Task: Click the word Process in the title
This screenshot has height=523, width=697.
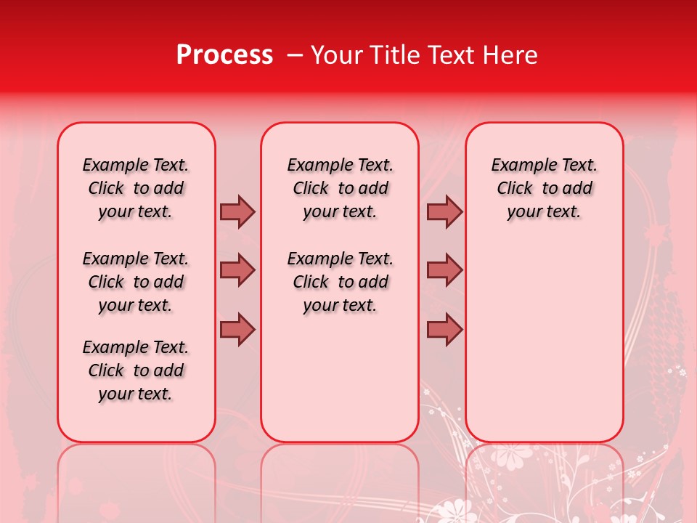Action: (x=224, y=55)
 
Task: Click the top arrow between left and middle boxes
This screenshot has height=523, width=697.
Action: (x=237, y=212)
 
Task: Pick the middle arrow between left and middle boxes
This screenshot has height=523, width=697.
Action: (x=237, y=270)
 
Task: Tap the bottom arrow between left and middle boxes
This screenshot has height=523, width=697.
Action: (x=237, y=330)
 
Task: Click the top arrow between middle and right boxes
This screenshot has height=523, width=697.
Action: (x=444, y=212)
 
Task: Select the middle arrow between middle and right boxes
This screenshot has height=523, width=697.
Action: (x=444, y=270)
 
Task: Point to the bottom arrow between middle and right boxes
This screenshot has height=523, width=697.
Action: (x=444, y=330)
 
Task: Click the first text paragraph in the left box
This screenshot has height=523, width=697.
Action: (x=136, y=188)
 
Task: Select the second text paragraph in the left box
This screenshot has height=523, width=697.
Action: (x=136, y=282)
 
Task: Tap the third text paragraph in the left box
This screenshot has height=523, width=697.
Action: (x=136, y=370)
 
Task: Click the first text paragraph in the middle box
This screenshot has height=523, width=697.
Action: (x=340, y=188)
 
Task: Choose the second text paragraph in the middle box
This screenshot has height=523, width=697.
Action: (x=340, y=282)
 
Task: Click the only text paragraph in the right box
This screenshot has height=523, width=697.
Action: (x=544, y=188)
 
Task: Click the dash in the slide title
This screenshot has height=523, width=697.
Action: (x=295, y=55)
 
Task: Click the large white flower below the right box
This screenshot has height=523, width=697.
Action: (x=513, y=455)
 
